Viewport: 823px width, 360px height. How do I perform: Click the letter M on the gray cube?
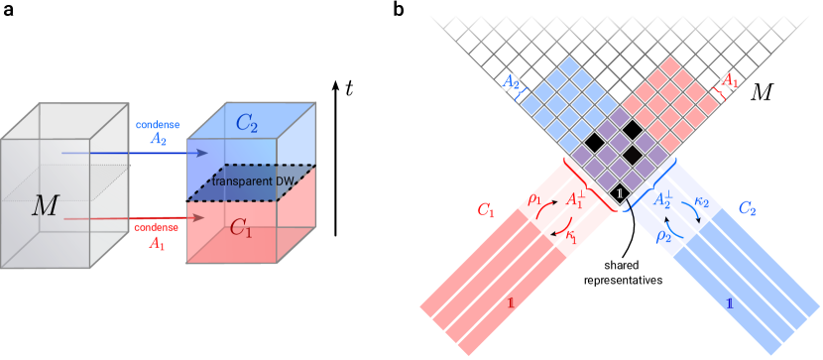point(45,206)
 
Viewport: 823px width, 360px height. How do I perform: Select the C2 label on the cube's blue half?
point(246,124)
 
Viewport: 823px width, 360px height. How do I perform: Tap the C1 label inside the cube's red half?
point(242,227)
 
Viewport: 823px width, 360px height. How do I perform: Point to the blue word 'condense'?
point(157,126)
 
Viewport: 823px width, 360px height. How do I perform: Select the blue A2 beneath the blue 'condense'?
point(158,140)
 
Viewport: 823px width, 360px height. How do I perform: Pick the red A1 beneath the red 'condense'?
point(157,242)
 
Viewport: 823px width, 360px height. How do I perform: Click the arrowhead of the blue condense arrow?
point(205,154)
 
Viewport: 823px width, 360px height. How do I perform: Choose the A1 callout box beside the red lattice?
point(728,78)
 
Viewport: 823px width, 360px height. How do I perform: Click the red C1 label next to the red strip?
point(485,209)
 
